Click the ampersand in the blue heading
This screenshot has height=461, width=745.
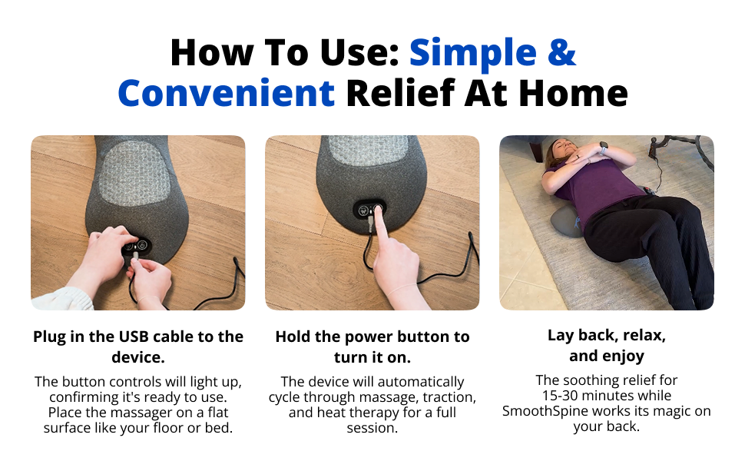pyautogui.click(x=561, y=52)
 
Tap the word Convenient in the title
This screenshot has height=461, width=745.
pyautogui.click(x=226, y=93)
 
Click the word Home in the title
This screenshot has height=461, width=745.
pyautogui.click(x=574, y=93)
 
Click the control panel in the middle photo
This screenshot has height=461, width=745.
pyautogui.click(x=369, y=210)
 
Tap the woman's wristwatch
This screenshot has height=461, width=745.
pyautogui.click(x=604, y=148)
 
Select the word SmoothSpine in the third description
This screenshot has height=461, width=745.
pyautogui.click(x=542, y=410)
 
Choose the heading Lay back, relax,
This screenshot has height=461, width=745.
pyautogui.click(x=607, y=336)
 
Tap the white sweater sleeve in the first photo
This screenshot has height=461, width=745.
pyautogui.click(x=61, y=300)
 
